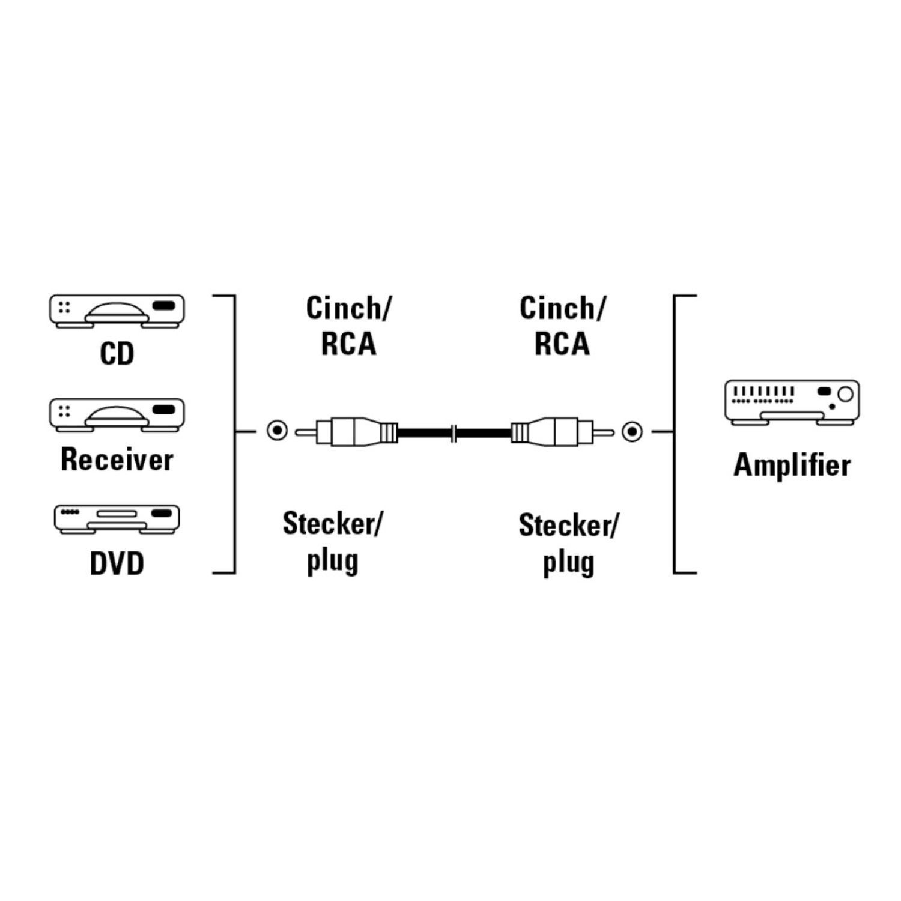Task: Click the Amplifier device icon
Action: coord(792,402)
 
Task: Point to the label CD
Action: coord(117,354)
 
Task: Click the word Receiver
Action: coord(117,460)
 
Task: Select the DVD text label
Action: coord(117,564)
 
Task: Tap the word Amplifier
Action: coord(792,466)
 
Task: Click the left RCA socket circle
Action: coord(277,431)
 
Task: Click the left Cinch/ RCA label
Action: coord(348,326)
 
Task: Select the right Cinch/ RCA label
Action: coord(562,326)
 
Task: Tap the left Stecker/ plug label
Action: coord(332,542)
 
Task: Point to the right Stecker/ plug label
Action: coord(568,544)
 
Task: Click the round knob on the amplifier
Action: coord(845,394)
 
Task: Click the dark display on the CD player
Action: coord(164,306)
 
